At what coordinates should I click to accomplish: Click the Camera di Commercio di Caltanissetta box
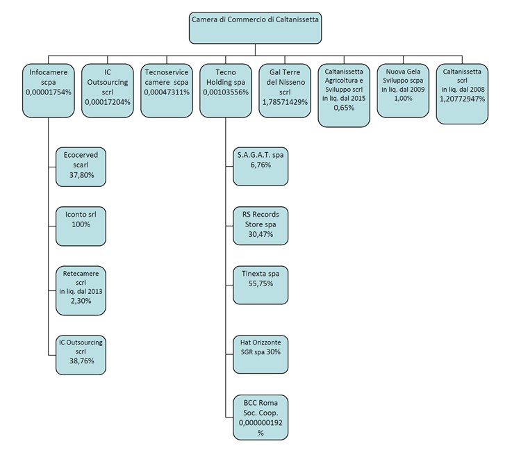255,28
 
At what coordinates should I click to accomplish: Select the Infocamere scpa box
49,90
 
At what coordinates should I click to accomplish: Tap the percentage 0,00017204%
108,102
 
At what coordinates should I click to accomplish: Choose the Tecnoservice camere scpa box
167,90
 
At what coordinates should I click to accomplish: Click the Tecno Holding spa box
226,90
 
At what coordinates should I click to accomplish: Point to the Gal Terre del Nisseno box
285,90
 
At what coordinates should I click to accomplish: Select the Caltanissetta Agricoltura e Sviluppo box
344,95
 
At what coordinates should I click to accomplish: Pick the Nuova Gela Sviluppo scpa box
403,90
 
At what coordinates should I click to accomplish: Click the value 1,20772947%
462,99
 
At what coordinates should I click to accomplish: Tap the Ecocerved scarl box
81,167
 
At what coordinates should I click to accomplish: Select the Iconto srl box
81,226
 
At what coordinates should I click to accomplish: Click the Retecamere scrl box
81,290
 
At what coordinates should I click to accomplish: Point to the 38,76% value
82,361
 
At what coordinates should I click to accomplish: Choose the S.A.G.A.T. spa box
261,167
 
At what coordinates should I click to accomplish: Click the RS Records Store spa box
261,226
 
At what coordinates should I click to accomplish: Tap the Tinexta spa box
261,285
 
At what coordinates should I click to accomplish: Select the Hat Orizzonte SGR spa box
261,354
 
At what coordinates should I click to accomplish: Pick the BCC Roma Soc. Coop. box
261,418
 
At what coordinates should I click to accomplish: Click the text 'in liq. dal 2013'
81,291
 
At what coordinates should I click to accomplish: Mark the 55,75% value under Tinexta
261,283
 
